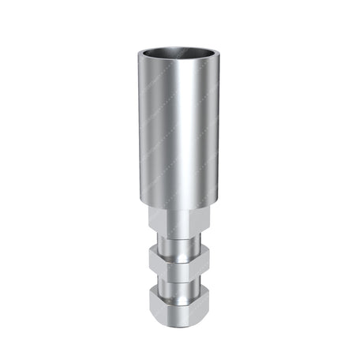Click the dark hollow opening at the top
tap(181, 54)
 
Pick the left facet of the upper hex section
tap(157, 221)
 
